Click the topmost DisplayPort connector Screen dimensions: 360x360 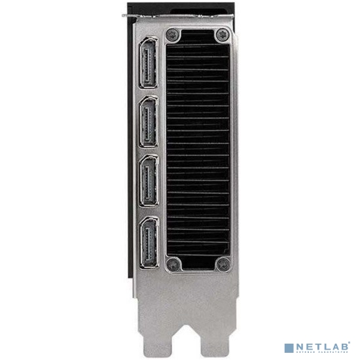coord(149,63)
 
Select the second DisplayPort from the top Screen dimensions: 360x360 coord(149,122)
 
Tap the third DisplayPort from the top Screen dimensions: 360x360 coord(149,181)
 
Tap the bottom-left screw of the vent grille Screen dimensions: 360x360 coord(173,264)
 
